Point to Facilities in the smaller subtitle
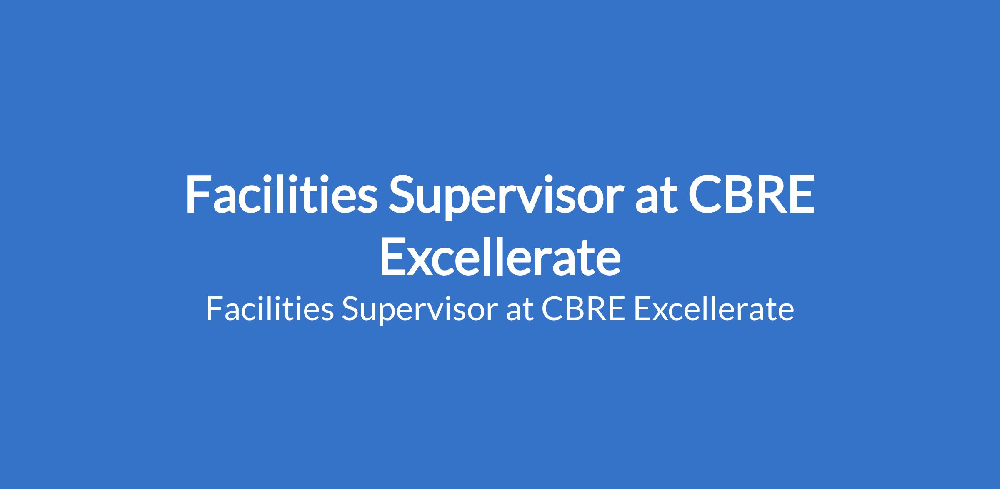270,309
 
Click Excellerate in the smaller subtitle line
713,309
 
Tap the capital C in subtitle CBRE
552,309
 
